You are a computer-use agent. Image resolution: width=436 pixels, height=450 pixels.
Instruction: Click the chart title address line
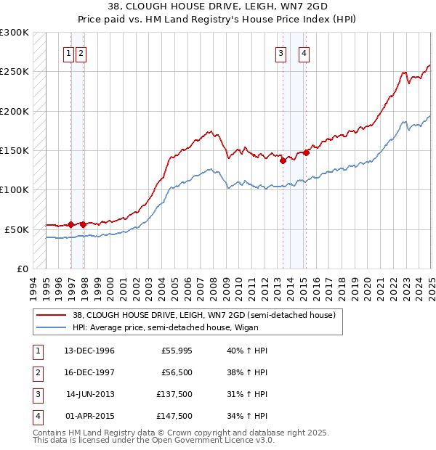click(x=218, y=9)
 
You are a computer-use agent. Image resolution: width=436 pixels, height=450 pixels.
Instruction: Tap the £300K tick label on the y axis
click(x=15, y=33)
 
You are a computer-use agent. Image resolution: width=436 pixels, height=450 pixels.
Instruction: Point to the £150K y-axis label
click(x=15, y=150)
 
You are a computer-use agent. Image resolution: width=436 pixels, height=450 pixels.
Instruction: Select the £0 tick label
click(x=22, y=269)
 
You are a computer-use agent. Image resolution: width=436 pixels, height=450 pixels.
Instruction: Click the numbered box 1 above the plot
click(x=68, y=53)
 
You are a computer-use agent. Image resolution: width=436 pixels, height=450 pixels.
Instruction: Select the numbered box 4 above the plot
click(x=304, y=53)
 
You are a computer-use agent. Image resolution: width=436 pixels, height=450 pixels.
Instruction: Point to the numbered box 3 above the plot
click(x=280, y=53)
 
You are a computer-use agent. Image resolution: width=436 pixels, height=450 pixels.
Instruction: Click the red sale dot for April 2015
click(x=307, y=152)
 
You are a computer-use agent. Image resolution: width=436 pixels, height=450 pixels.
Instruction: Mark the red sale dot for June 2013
click(x=283, y=160)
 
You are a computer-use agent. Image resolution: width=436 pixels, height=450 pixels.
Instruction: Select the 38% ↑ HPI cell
click(x=247, y=373)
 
